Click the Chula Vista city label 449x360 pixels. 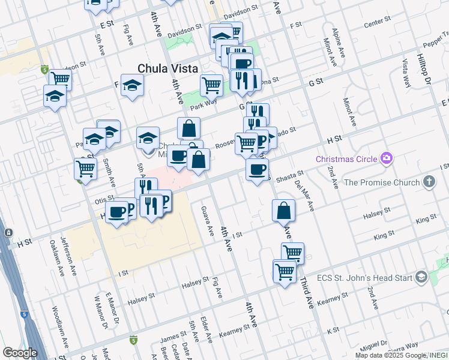point(167,69)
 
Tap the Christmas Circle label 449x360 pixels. point(347,159)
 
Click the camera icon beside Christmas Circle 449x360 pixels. point(386,158)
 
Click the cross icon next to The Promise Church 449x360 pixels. point(429,181)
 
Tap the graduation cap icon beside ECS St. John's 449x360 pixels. point(421,277)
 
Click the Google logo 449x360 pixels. point(20,353)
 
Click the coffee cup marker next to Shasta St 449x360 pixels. point(257,170)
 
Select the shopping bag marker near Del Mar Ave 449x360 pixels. point(283,212)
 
